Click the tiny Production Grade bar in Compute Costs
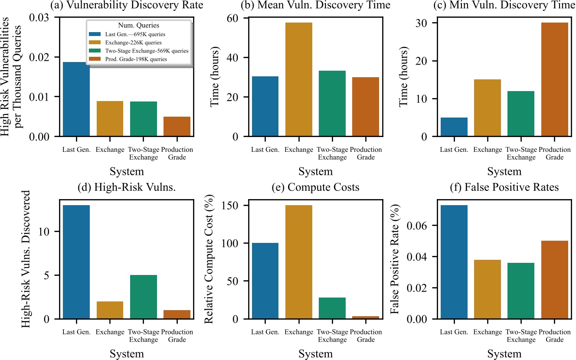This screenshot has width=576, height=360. (366, 317)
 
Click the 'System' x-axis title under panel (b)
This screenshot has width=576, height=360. (315, 171)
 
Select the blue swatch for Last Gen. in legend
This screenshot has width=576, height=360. (94, 34)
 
